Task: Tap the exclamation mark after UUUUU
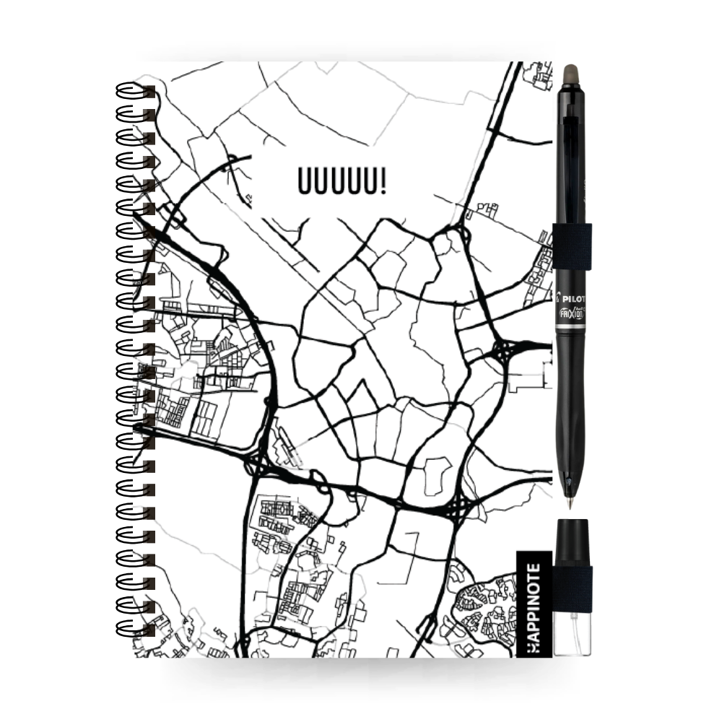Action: coord(381,181)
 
